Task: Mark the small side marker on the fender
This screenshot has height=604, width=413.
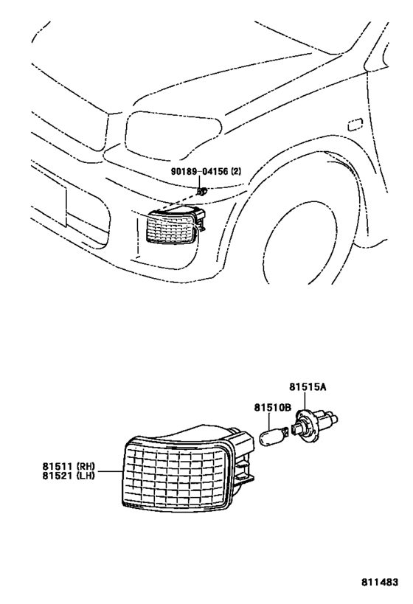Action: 355,125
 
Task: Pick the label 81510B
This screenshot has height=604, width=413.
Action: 274,406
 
